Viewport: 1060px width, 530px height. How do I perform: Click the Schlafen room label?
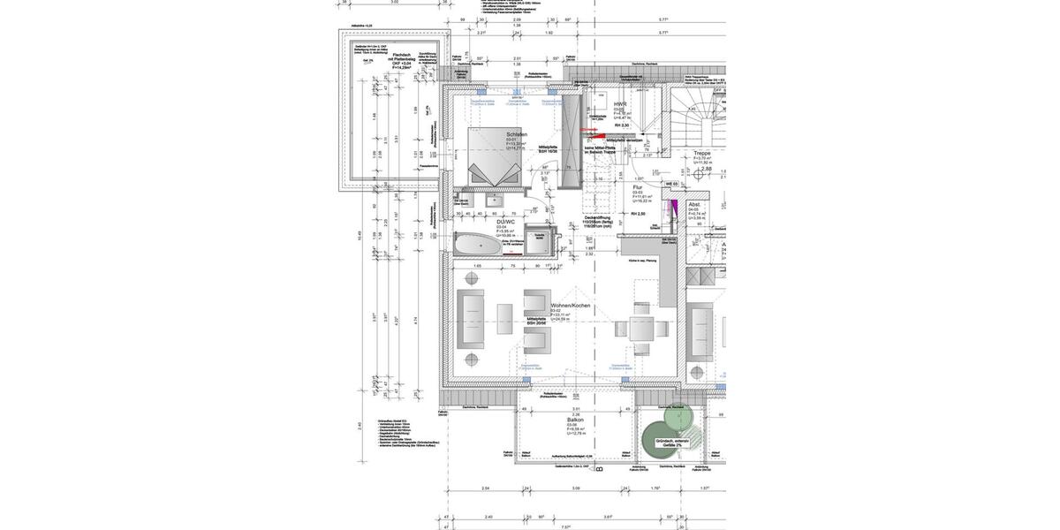click(x=516, y=134)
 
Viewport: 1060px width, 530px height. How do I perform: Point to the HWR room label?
click(x=620, y=104)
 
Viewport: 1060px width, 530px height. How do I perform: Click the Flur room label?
click(x=637, y=187)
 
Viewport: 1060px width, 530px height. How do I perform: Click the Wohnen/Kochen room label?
click(x=570, y=306)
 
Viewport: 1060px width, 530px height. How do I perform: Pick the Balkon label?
click(x=575, y=420)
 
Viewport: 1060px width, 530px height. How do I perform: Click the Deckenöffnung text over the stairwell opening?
click(x=598, y=216)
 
